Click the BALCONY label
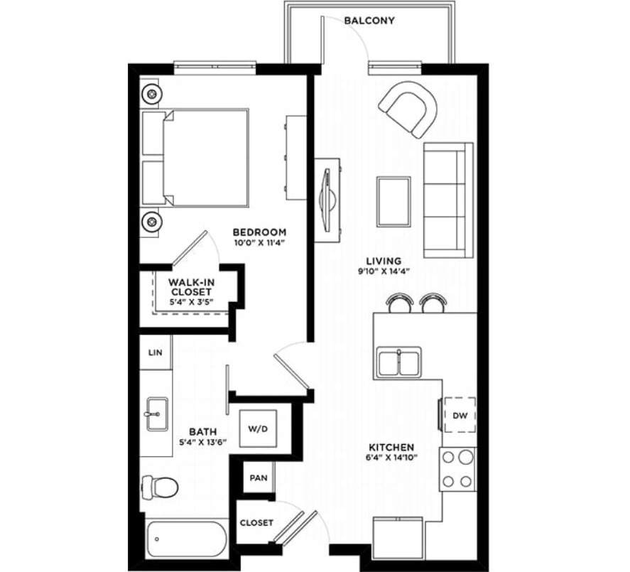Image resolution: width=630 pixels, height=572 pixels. (x=369, y=21)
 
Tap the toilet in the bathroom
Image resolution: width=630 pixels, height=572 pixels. (x=160, y=487)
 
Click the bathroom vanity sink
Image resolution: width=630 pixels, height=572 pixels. (x=155, y=413)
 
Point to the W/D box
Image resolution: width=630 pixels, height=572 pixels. (x=256, y=428)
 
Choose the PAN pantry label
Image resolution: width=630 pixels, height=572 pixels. (x=258, y=477)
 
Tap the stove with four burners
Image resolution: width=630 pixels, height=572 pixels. (x=458, y=470)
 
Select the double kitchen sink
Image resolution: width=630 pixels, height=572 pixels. (x=399, y=362)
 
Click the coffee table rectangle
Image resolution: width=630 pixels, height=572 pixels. (x=393, y=200)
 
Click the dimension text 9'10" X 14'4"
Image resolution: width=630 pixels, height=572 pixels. (x=384, y=271)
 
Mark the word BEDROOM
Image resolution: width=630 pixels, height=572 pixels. (x=259, y=232)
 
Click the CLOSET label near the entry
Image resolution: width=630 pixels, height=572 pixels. (x=256, y=522)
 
